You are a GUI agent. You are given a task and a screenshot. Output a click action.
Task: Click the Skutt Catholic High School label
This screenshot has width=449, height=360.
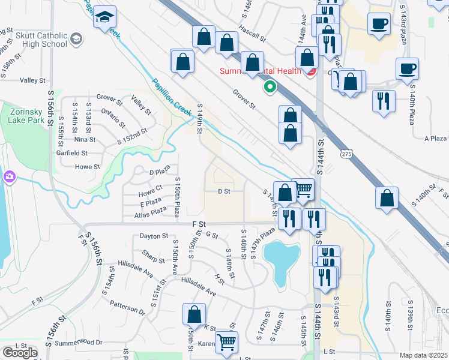(41, 40)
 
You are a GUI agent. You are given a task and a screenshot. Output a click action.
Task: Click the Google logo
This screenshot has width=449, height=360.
(20, 353)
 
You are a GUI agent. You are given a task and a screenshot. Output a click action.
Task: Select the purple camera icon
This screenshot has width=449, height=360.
(8, 176)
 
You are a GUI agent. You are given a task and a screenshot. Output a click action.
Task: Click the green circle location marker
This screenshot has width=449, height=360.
(270, 88)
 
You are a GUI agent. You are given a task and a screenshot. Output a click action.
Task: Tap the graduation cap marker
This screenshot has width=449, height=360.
(105, 17)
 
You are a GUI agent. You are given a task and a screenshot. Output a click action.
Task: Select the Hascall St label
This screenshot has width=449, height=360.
(252, 32)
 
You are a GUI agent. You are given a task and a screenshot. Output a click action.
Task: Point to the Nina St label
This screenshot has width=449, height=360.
(85, 139)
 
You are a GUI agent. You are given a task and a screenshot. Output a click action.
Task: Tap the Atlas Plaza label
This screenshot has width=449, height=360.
(150, 212)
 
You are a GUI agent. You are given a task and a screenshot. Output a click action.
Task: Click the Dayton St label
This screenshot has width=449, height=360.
(152, 236)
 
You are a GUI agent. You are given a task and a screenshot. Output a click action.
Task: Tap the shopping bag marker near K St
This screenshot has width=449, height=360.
(194, 315)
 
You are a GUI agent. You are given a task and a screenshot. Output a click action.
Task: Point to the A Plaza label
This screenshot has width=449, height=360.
(435, 139)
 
